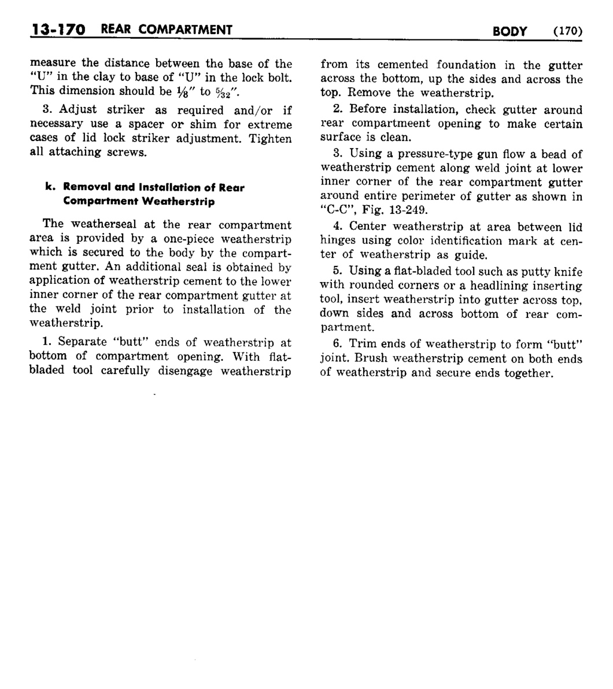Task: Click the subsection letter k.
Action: pyautogui.click(x=49, y=187)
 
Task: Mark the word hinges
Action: pyautogui.click(x=337, y=241)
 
